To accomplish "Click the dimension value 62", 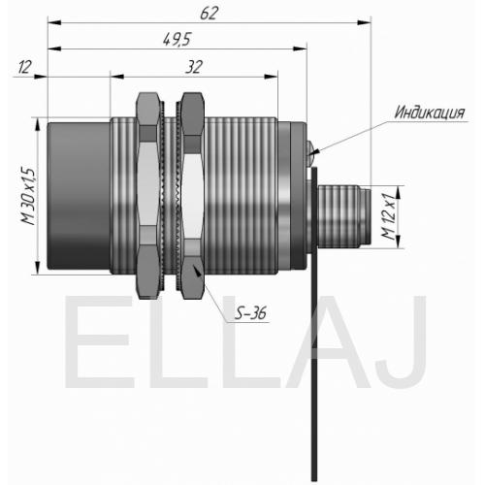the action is pos(210,14).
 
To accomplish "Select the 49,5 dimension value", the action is pos(177,40).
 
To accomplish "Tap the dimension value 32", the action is pos(194,67).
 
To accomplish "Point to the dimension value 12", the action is pos(24,67).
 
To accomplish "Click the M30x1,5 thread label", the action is pos(28,197).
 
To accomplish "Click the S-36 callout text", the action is pos(250,313).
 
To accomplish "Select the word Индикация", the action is pos(430,113).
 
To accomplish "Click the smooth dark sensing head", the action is pos(79,196).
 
